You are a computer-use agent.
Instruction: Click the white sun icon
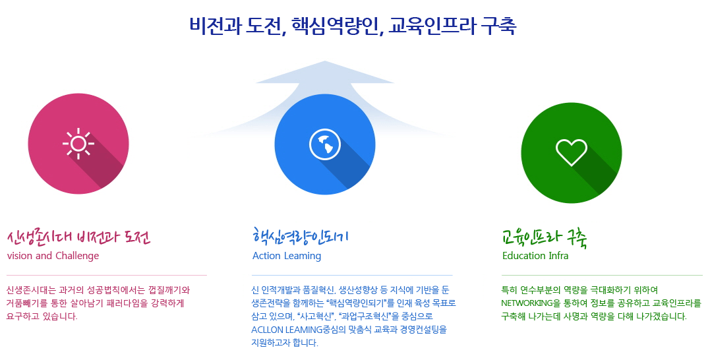pos(78,144)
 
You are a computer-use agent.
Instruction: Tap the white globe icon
pos(324,144)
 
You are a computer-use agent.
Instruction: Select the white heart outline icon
pos(572,152)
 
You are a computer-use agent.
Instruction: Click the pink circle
pos(78,144)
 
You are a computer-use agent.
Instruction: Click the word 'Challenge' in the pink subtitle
pos(77,256)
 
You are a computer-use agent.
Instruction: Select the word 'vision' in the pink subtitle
pos(20,256)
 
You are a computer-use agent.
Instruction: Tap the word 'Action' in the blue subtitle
pos(267,256)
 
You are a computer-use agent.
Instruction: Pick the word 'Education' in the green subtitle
pos(524,256)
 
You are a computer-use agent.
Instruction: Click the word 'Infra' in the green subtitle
pos(559,256)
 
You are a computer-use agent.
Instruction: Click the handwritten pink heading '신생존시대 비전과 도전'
pos(79,237)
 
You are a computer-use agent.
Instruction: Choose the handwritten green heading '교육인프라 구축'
pos(545,237)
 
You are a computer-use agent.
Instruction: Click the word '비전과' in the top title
pos(214,26)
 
